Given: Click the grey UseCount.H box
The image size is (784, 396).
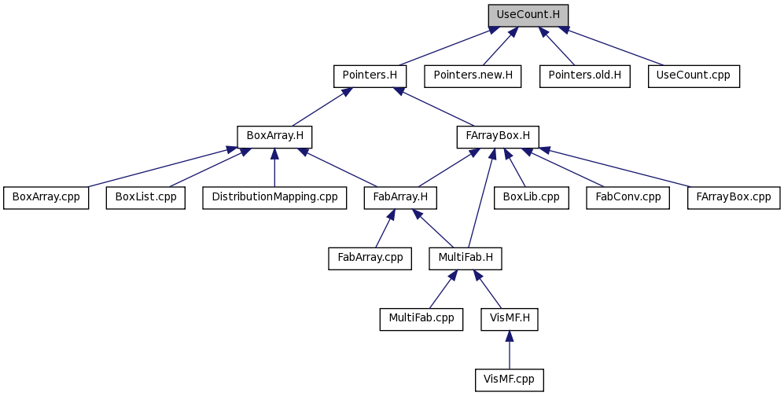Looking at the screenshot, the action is [x=528, y=15].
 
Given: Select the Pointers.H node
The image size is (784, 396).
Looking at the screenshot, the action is [x=370, y=76].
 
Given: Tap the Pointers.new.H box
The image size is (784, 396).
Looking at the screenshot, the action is [x=473, y=76].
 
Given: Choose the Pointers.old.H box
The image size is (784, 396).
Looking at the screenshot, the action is [x=584, y=76].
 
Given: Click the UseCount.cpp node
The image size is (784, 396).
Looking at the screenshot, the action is [x=694, y=76].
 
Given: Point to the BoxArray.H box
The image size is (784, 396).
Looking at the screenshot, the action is [x=274, y=137].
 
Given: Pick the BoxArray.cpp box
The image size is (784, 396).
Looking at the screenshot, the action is [x=46, y=198].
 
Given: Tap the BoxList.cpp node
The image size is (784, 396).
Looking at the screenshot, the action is [x=145, y=198].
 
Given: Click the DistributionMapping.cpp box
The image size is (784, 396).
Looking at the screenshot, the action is [x=274, y=198].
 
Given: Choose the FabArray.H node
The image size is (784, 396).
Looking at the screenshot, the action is [x=400, y=198].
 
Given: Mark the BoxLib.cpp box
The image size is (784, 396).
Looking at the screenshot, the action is [x=531, y=198].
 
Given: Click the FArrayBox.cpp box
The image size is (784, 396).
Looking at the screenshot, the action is [x=734, y=198].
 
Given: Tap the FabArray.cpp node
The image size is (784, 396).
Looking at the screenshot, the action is [x=370, y=258].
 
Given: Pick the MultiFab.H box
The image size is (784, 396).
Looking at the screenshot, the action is [x=465, y=258].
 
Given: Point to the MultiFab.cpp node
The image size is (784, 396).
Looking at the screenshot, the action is [x=421, y=319].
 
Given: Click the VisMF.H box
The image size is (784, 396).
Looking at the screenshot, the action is [x=509, y=319].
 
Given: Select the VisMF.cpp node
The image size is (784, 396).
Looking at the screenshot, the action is [x=509, y=380].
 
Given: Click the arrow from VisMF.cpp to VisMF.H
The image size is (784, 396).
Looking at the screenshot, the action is [x=509, y=350].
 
